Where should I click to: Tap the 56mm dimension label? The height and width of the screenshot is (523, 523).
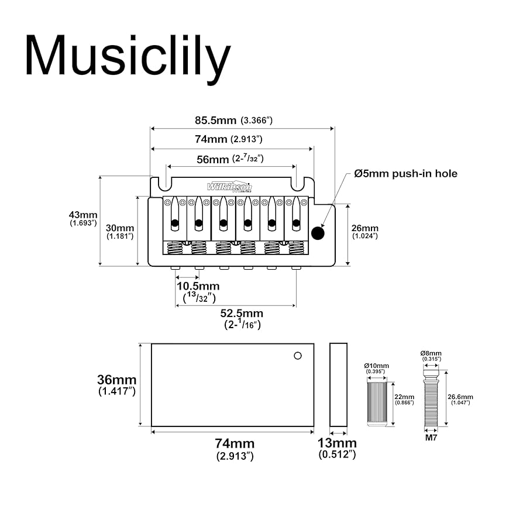click(x=212, y=159)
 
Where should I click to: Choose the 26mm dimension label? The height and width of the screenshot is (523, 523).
click(x=365, y=228)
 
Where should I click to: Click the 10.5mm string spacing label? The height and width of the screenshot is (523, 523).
click(x=198, y=286)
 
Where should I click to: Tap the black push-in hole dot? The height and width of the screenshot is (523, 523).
click(x=318, y=233)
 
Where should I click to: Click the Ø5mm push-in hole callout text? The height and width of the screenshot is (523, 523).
click(x=405, y=174)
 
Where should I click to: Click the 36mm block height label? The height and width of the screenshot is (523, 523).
click(x=116, y=379)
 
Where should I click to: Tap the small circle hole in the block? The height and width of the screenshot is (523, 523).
click(x=298, y=355)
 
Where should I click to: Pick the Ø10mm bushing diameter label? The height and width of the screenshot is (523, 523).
click(x=376, y=366)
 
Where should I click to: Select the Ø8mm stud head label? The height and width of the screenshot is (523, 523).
click(x=431, y=354)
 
